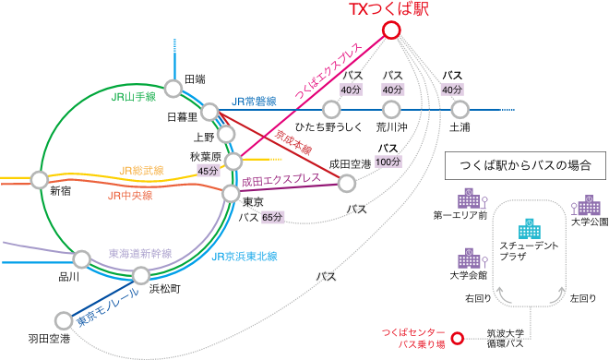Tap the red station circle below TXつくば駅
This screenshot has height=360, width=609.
[x=391, y=30]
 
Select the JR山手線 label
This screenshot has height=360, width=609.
[x=132, y=97]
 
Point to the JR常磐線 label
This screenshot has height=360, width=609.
[x=254, y=102]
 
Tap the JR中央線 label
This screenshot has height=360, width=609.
[x=130, y=196]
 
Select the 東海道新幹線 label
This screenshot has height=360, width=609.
[x=140, y=253]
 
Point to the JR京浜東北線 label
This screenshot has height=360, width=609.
[x=245, y=256]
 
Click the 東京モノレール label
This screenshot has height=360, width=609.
[x=108, y=307]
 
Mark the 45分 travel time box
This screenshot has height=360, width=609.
[x=209, y=171]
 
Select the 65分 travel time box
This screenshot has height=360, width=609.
[x=272, y=217]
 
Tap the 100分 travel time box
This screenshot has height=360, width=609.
[x=388, y=162]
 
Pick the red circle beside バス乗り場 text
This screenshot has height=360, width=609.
[x=457, y=337]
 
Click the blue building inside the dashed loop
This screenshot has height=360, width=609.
[x=529, y=229]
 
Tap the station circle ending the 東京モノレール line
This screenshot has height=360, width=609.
[x=63, y=320]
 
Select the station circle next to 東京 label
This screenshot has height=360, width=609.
[x=231, y=194]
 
